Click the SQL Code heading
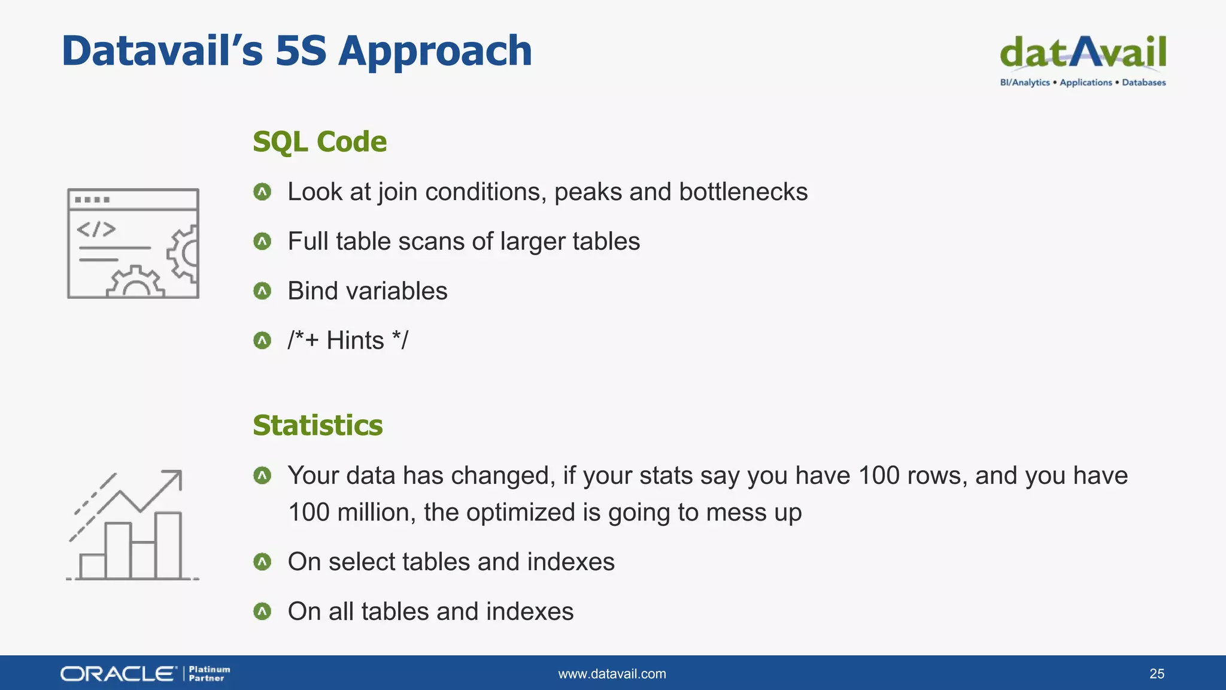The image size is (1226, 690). click(320, 142)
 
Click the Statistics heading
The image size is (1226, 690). click(317, 425)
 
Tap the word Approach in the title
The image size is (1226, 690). click(435, 51)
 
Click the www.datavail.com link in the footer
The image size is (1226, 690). click(612, 674)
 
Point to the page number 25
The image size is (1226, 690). click(1157, 674)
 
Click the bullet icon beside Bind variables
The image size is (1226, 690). click(262, 291)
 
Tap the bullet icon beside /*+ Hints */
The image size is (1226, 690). click(262, 341)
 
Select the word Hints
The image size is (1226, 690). click(355, 341)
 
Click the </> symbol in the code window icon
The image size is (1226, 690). click(96, 229)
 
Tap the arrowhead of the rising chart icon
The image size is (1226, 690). click(175, 476)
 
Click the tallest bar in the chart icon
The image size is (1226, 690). click(168, 545)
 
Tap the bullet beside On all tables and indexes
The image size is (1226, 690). click(262, 612)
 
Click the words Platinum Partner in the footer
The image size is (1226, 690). click(209, 674)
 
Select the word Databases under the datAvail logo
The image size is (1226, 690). click(1143, 83)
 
